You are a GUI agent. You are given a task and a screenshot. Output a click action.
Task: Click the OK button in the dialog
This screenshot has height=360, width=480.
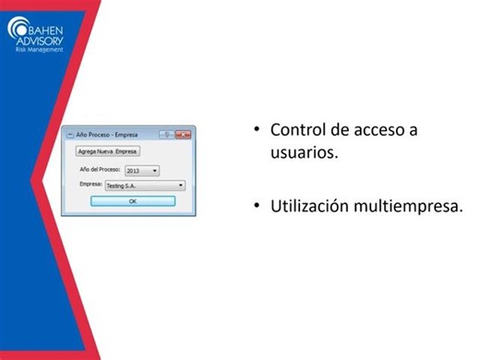(132, 200)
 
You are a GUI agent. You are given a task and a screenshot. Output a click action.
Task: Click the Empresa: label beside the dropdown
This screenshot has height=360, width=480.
(90, 186)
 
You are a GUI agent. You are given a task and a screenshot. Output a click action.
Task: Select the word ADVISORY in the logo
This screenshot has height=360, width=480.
(42, 39)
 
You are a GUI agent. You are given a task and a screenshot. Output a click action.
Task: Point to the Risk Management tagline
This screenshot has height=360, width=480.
(40, 49)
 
